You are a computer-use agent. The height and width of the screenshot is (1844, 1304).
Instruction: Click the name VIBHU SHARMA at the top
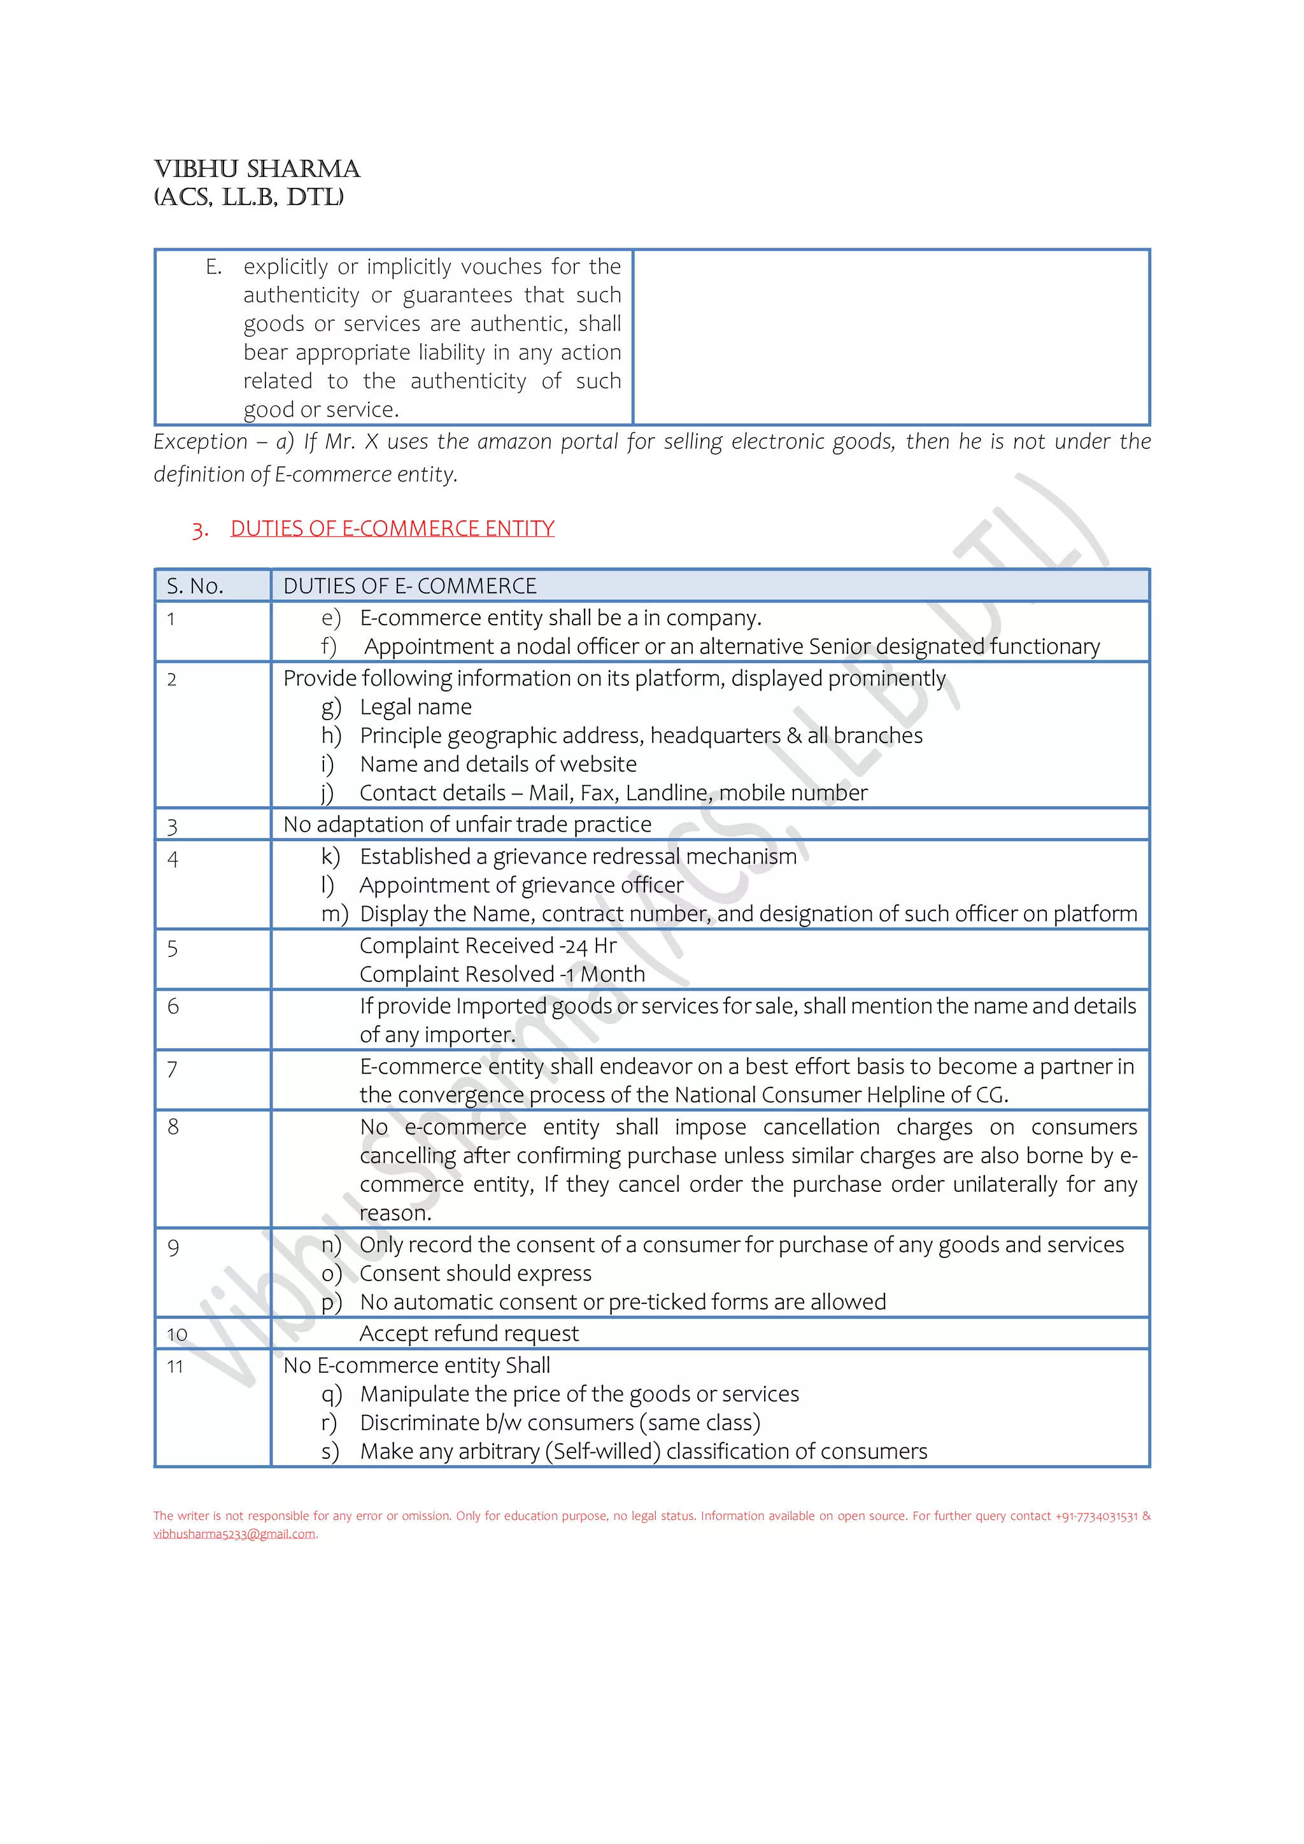tap(257, 169)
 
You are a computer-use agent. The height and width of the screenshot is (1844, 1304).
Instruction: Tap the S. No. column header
tap(195, 586)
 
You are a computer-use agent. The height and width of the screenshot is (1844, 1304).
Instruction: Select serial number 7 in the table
tap(172, 1069)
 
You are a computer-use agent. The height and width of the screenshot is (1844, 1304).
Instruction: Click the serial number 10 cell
tap(178, 1334)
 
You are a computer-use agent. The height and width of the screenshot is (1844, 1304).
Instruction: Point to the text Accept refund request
tap(469, 1334)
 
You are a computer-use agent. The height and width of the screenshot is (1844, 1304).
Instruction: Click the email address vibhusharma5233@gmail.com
tap(234, 1534)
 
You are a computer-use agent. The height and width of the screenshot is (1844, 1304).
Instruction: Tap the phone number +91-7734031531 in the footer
tap(1096, 1516)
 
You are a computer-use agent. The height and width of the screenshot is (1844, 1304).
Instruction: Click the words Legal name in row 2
tap(416, 707)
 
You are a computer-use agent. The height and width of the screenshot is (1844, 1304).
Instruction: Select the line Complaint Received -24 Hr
tap(487, 946)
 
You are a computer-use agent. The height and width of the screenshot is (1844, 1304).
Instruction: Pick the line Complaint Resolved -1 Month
tap(502, 975)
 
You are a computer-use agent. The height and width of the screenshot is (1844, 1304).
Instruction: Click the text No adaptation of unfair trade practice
tap(467, 825)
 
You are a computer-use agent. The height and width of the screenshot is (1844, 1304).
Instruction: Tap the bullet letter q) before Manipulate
tap(332, 1394)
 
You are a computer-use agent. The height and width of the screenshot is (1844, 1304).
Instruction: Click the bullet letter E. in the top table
tap(213, 267)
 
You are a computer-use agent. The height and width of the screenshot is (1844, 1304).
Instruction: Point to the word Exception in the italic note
tap(201, 442)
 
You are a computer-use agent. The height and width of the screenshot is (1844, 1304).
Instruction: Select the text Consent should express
tap(476, 1273)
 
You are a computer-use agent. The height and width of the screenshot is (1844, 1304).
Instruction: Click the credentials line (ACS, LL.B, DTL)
tap(249, 197)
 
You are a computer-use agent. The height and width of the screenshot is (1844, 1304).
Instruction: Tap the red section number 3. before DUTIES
tap(200, 530)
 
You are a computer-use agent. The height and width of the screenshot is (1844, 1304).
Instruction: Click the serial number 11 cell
tap(175, 1367)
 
